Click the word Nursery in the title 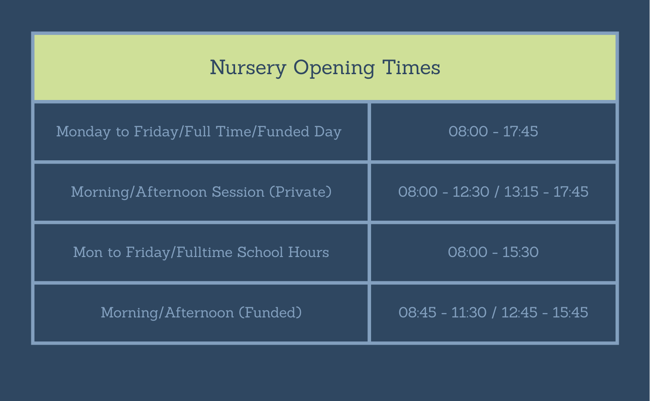click(248, 67)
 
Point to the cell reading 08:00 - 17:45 click(493, 131)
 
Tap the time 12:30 click(471, 192)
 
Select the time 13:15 click(521, 192)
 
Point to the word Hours click(309, 252)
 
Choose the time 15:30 click(520, 252)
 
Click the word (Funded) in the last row click(270, 313)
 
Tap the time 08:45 click(417, 313)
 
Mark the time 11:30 click(469, 313)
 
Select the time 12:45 click(519, 313)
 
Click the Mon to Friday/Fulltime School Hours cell click(201, 253)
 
